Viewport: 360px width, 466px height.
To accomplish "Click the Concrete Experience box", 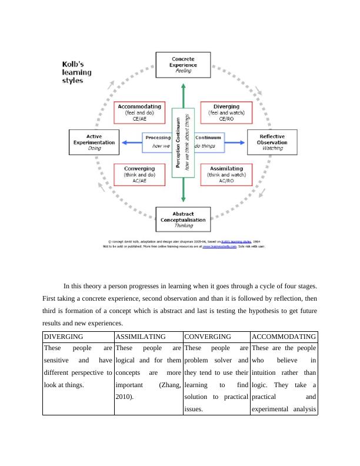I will (x=184, y=64).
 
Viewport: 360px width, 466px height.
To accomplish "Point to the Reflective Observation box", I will (x=272, y=142).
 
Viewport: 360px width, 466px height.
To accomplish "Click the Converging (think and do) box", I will (x=139, y=174).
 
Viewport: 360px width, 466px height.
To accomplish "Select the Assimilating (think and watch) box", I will (x=226, y=174).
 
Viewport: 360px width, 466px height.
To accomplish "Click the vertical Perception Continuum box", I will (x=184, y=141).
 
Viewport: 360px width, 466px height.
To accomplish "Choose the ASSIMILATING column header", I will (x=140, y=337).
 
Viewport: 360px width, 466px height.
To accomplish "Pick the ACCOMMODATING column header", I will (x=284, y=337).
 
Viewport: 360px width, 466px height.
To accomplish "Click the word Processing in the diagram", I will (x=158, y=137).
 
